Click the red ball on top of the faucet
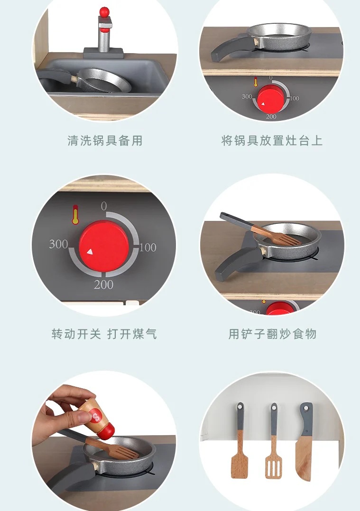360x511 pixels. [x=104, y=12]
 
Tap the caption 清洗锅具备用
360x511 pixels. [x=105, y=140]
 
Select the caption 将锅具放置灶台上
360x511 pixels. [x=272, y=140]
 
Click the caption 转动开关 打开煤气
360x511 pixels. [x=104, y=334]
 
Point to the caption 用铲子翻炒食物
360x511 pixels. [x=272, y=334]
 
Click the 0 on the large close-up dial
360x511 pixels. [x=104, y=206]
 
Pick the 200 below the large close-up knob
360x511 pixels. [x=104, y=284]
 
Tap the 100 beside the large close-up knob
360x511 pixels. [x=148, y=247]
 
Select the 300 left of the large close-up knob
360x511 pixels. [x=59, y=244]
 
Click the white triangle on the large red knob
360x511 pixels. [x=90, y=252]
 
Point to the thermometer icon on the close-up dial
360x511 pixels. [x=75, y=214]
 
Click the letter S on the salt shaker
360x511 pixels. [x=96, y=417]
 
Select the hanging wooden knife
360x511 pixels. [x=305, y=442]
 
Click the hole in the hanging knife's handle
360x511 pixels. [x=306, y=407]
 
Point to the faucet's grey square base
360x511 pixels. [x=104, y=53]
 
